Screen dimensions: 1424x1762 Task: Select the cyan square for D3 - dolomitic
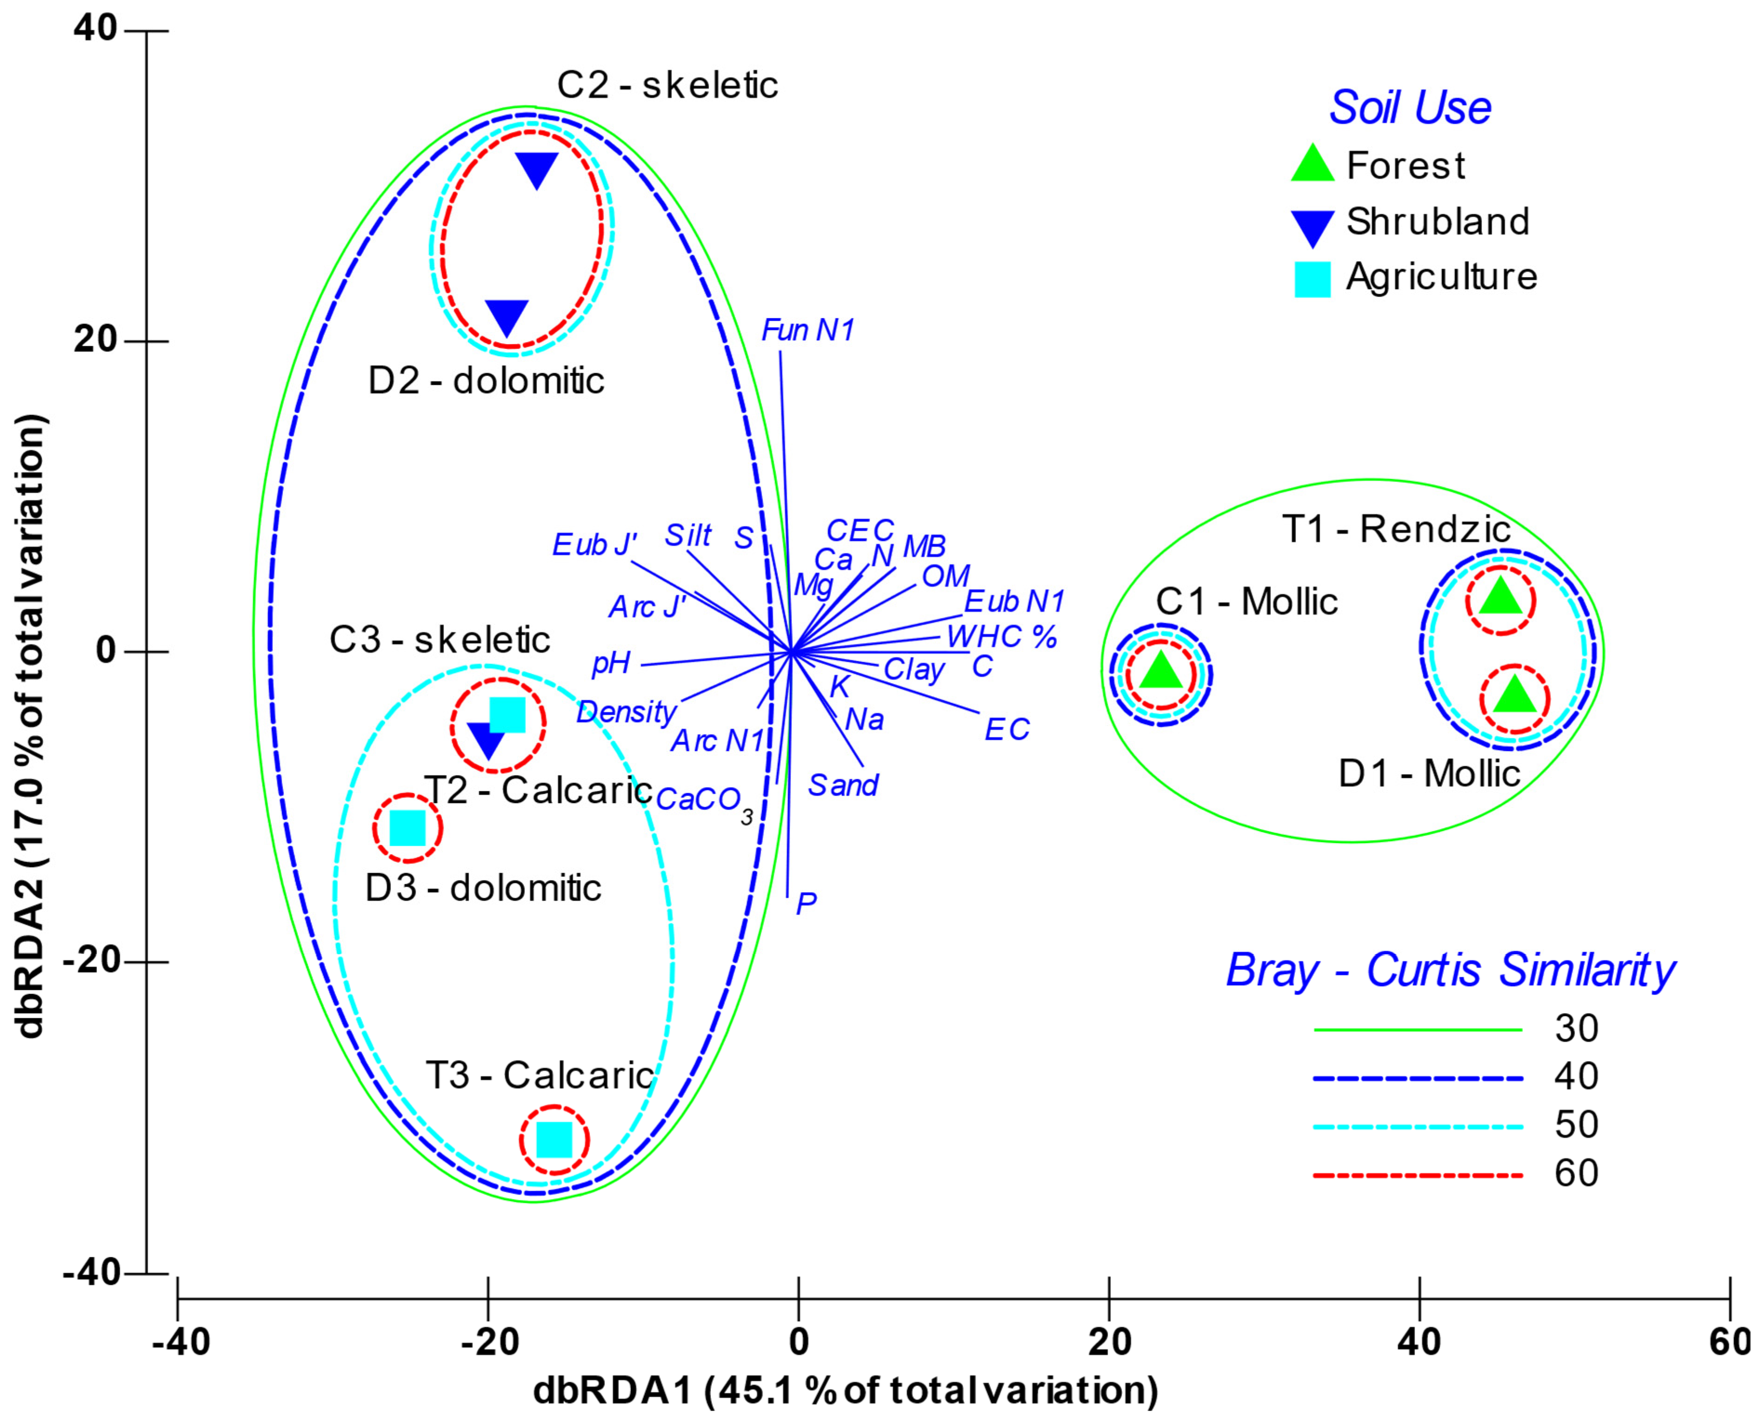pyautogui.click(x=408, y=828)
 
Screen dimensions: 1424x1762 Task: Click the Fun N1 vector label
pyautogui.click(x=808, y=331)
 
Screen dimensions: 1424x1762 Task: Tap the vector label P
pyautogui.click(x=806, y=903)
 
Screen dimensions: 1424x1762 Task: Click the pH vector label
pyautogui.click(x=611, y=663)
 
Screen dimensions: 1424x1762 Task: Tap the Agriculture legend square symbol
pyautogui.click(x=1312, y=279)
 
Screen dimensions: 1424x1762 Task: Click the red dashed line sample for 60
pyautogui.click(x=1417, y=1176)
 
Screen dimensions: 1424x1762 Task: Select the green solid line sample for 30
pyautogui.click(x=1417, y=1030)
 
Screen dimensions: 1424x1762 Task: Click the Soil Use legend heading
pyautogui.click(x=1409, y=107)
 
